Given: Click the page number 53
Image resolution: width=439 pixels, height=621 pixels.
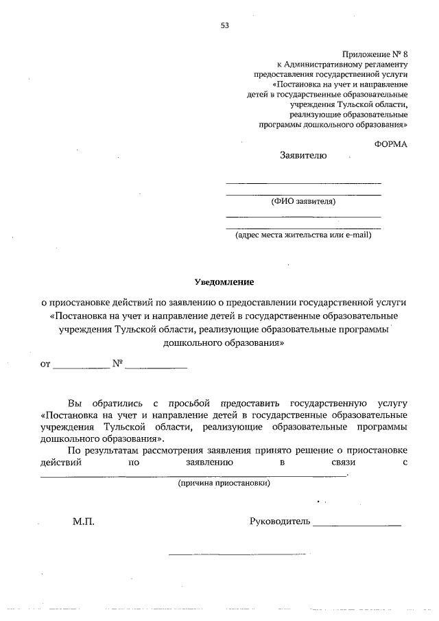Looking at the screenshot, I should click(224, 25).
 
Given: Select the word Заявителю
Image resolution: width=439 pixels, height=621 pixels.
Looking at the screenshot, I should click(303, 156).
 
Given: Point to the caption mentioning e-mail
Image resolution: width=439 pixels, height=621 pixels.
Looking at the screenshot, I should click(303, 235).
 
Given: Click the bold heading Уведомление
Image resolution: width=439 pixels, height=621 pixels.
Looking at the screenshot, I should click(224, 282).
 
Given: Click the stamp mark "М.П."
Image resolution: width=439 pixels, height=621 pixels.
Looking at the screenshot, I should click(84, 522).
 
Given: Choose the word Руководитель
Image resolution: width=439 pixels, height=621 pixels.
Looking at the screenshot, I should click(280, 522).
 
